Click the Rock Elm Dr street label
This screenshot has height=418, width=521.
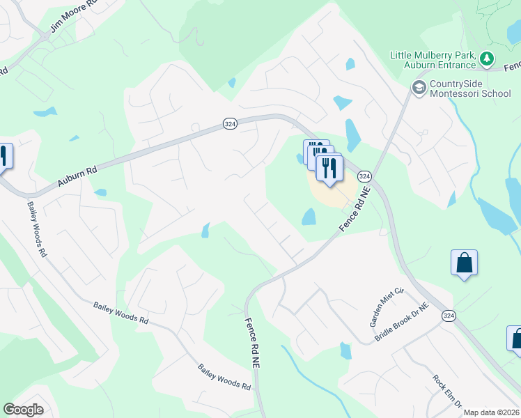tap(447, 392)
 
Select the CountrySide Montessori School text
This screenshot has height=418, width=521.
tap(470, 88)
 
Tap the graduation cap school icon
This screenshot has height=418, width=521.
tap(419, 88)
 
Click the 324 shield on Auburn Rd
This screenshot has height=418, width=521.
tap(229, 123)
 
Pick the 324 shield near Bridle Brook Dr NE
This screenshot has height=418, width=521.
tap(449, 316)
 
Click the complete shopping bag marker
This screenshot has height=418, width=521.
tap(464, 263)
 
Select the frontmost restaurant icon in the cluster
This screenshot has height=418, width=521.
tap(329, 168)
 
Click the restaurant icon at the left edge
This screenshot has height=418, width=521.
tap(4, 157)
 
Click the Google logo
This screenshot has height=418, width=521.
tap(24, 410)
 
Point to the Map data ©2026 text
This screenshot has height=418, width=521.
tap(491, 412)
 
